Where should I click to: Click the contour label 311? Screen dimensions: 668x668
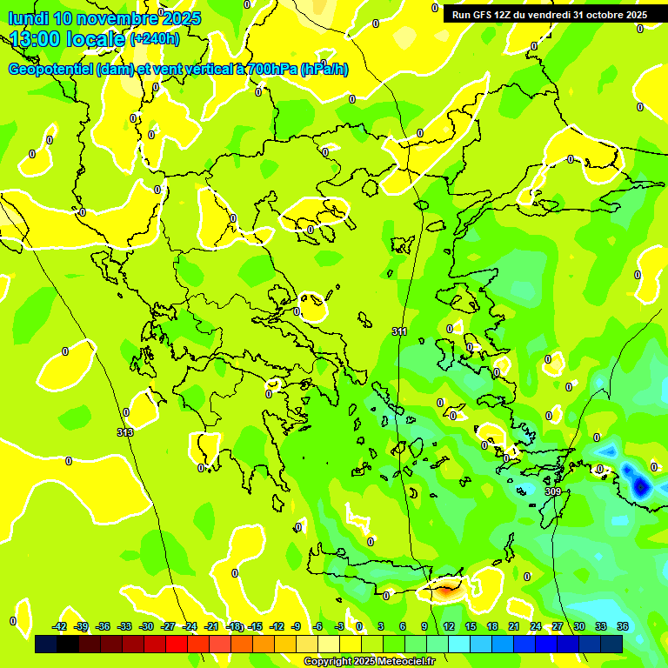pyautogui.click(x=399, y=331)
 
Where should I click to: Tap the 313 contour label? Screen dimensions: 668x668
pyautogui.click(x=125, y=432)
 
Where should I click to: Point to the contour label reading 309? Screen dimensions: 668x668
pyautogui.click(x=553, y=491)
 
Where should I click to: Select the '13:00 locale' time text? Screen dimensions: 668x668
pyautogui.click(x=68, y=39)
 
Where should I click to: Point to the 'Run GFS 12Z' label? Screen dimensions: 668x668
pyautogui.click(x=482, y=15)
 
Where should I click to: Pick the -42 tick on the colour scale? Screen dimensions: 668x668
pyautogui.click(x=60, y=626)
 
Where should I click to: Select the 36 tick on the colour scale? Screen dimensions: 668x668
pyautogui.click(x=623, y=626)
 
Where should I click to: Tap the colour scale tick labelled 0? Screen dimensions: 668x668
pyautogui.click(x=358, y=626)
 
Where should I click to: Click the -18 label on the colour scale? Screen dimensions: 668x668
pyautogui.click(x=234, y=626)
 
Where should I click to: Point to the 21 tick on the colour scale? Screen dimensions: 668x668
pyautogui.click(x=513, y=626)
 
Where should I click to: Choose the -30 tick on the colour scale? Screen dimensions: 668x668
pyautogui.click(x=147, y=626)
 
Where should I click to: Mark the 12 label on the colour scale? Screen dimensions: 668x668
pyautogui.click(x=448, y=626)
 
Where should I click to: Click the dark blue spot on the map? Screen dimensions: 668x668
pyautogui.click(x=642, y=485)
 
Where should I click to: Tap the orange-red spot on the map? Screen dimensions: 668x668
pyautogui.click(x=444, y=591)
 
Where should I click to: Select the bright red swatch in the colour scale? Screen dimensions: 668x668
pyautogui.click(x=177, y=645)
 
